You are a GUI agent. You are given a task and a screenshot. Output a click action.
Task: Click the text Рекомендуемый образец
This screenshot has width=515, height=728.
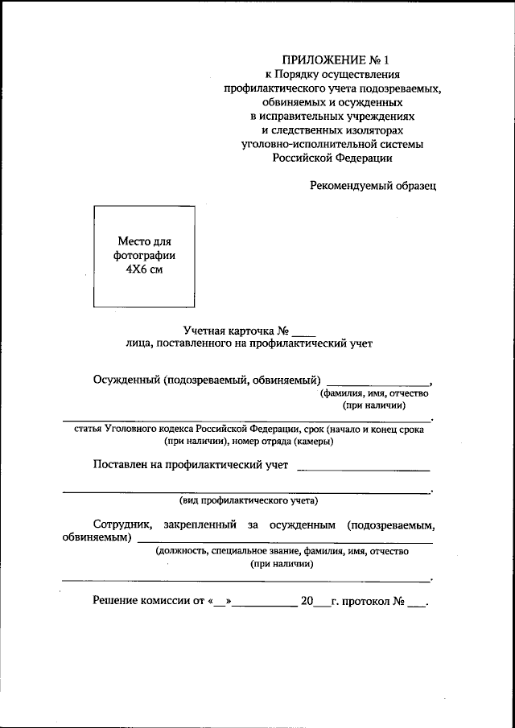[373, 186]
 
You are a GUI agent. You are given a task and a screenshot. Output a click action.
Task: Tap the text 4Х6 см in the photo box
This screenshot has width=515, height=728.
[144, 269]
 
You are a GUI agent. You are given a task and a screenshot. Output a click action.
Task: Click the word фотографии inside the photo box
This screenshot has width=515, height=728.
[144, 255]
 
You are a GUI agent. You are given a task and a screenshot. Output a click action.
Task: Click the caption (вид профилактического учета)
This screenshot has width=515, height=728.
[249, 500]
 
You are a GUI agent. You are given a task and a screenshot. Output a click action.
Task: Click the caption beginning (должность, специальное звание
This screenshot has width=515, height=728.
[282, 551]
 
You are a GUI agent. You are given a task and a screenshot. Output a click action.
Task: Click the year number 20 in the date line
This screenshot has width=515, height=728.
[306, 601]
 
